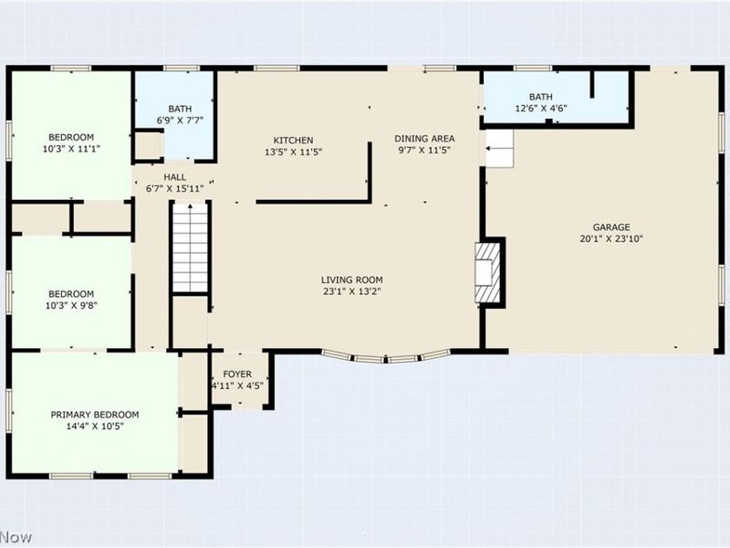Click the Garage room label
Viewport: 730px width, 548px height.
(x=611, y=227)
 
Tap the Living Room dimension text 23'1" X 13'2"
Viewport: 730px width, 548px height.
(x=352, y=291)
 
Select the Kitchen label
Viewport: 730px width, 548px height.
(x=293, y=141)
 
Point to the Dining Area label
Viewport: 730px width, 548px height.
(x=424, y=139)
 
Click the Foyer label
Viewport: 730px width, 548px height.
(x=237, y=374)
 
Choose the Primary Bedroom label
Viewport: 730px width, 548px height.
(x=95, y=415)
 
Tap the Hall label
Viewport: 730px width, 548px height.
(x=175, y=177)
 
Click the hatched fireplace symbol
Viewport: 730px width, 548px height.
(x=487, y=272)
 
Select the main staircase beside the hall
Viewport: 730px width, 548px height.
(x=191, y=248)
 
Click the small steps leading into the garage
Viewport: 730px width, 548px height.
(x=499, y=148)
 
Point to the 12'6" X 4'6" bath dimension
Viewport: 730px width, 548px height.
(x=541, y=109)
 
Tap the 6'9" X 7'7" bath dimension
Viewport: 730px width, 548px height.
(x=180, y=121)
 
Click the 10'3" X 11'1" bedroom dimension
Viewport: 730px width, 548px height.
(x=71, y=149)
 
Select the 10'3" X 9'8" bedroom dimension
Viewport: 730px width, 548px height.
(x=71, y=306)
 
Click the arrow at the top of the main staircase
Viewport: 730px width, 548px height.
(x=190, y=206)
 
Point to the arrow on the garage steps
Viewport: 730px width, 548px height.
(x=490, y=149)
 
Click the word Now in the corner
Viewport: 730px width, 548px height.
(x=16, y=537)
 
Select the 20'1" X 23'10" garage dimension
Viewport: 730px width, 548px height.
(x=611, y=239)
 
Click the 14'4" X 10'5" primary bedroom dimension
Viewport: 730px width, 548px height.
(x=95, y=427)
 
